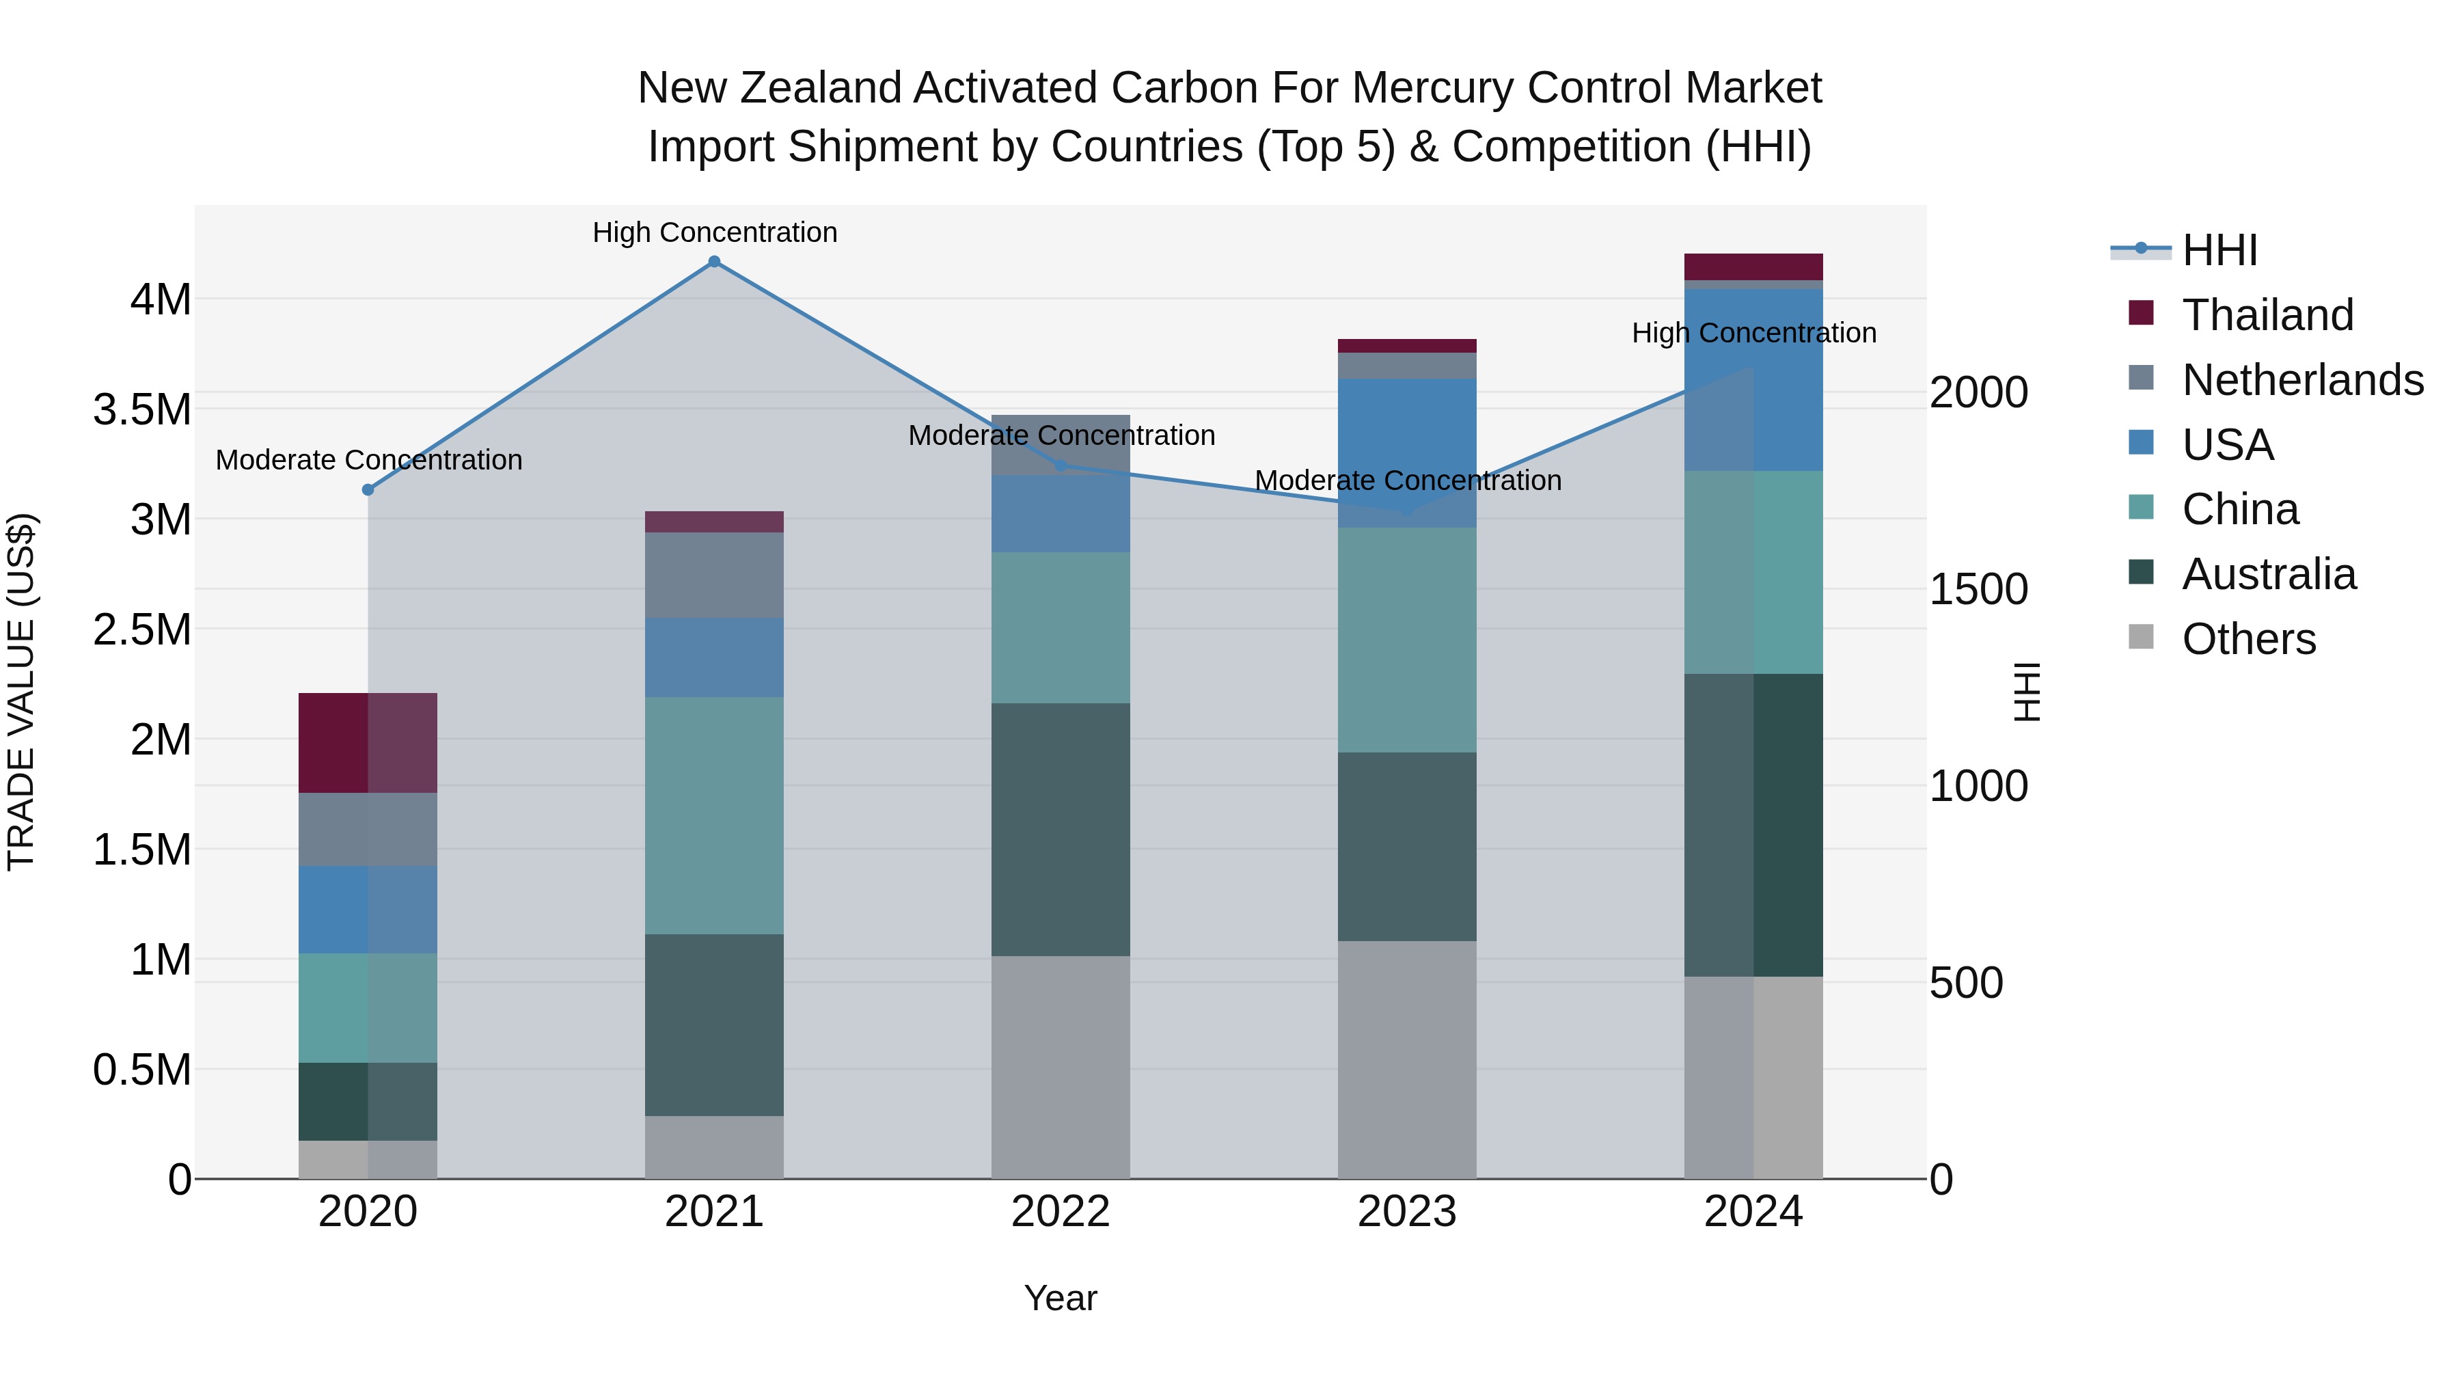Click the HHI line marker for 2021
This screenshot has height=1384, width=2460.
pyautogui.click(x=713, y=262)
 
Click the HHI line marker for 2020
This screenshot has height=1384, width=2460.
pyautogui.click(x=368, y=490)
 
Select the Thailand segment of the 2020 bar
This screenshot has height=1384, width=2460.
pyautogui.click(x=368, y=742)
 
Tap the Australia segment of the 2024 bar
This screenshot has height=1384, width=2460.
pyautogui.click(x=1753, y=824)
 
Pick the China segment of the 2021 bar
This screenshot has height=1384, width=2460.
pyautogui.click(x=713, y=815)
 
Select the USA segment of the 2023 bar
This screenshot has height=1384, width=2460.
pyautogui.click(x=1407, y=452)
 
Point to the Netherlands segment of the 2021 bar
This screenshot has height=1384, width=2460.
pyautogui.click(x=713, y=574)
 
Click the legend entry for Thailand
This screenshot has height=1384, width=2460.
pyautogui.click(x=2267, y=315)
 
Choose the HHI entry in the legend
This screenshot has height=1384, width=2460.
pyautogui.click(x=2219, y=250)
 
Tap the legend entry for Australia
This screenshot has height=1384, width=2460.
pyautogui.click(x=2268, y=574)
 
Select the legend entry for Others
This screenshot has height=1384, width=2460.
pyautogui.click(x=2248, y=639)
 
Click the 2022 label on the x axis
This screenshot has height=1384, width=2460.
pyautogui.click(x=1060, y=1212)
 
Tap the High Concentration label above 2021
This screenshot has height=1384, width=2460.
pyautogui.click(x=714, y=232)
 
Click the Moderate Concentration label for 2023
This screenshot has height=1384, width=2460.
pyautogui.click(x=1408, y=480)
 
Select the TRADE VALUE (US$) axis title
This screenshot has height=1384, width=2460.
pyautogui.click(x=22, y=692)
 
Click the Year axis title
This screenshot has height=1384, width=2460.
pyautogui.click(x=1060, y=1298)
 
